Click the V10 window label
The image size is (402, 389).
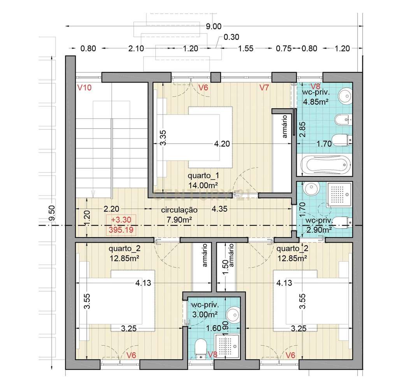click(x=84, y=88)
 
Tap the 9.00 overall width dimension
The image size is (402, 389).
click(x=214, y=26)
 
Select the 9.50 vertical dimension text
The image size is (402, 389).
click(x=52, y=213)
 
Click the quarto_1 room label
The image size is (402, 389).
click(x=203, y=176)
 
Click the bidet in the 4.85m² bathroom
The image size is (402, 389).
click(x=344, y=120)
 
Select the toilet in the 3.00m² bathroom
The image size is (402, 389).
click(x=200, y=349)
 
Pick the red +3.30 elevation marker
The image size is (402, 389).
click(x=121, y=220)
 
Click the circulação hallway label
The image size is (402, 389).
click(x=179, y=210)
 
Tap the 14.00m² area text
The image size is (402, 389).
click(x=203, y=185)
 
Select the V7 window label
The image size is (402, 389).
click(x=264, y=88)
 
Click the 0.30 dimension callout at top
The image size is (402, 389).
click(x=231, y=37)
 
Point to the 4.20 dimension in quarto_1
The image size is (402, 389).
click(x=222, y=144)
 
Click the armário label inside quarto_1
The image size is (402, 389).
click(x=284, y=126)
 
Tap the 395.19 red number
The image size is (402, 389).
click(x=121, y=230)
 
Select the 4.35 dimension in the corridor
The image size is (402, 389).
click(x=219, y=209)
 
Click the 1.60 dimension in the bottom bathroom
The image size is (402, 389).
click(x=214, y=328)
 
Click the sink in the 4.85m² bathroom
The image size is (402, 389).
click(x=345, y=96)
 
